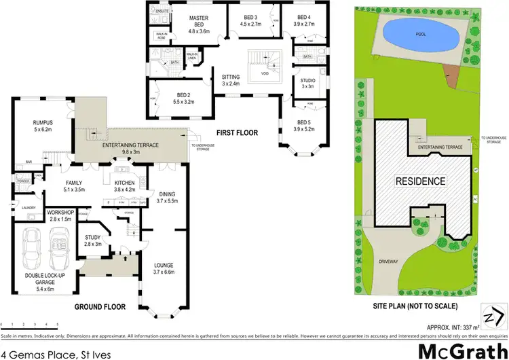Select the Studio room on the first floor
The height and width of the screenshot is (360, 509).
pos(307,83)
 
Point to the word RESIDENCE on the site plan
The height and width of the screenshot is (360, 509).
pos(421,181)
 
